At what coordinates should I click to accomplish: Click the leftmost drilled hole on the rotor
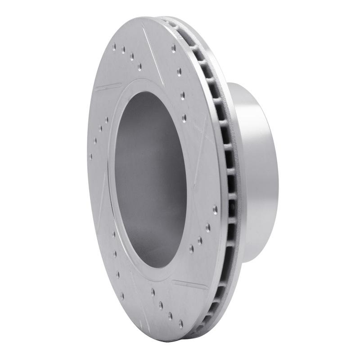tap(91, 157)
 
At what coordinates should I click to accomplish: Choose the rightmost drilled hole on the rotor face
tap(215, 209)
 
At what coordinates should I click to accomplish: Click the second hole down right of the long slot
tap(180, 70)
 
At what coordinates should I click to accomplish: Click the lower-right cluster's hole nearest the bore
tap(192, 247)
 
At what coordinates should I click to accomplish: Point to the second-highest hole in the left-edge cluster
tap(101, 129)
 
